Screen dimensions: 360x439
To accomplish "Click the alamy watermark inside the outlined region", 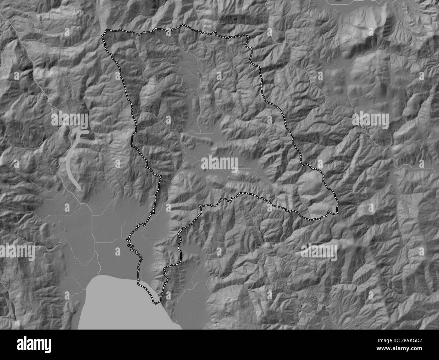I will (x=219, y=165).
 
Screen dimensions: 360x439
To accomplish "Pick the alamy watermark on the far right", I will (x=371, y=119).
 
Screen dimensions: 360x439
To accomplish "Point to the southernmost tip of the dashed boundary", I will (x=156, y=303).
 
